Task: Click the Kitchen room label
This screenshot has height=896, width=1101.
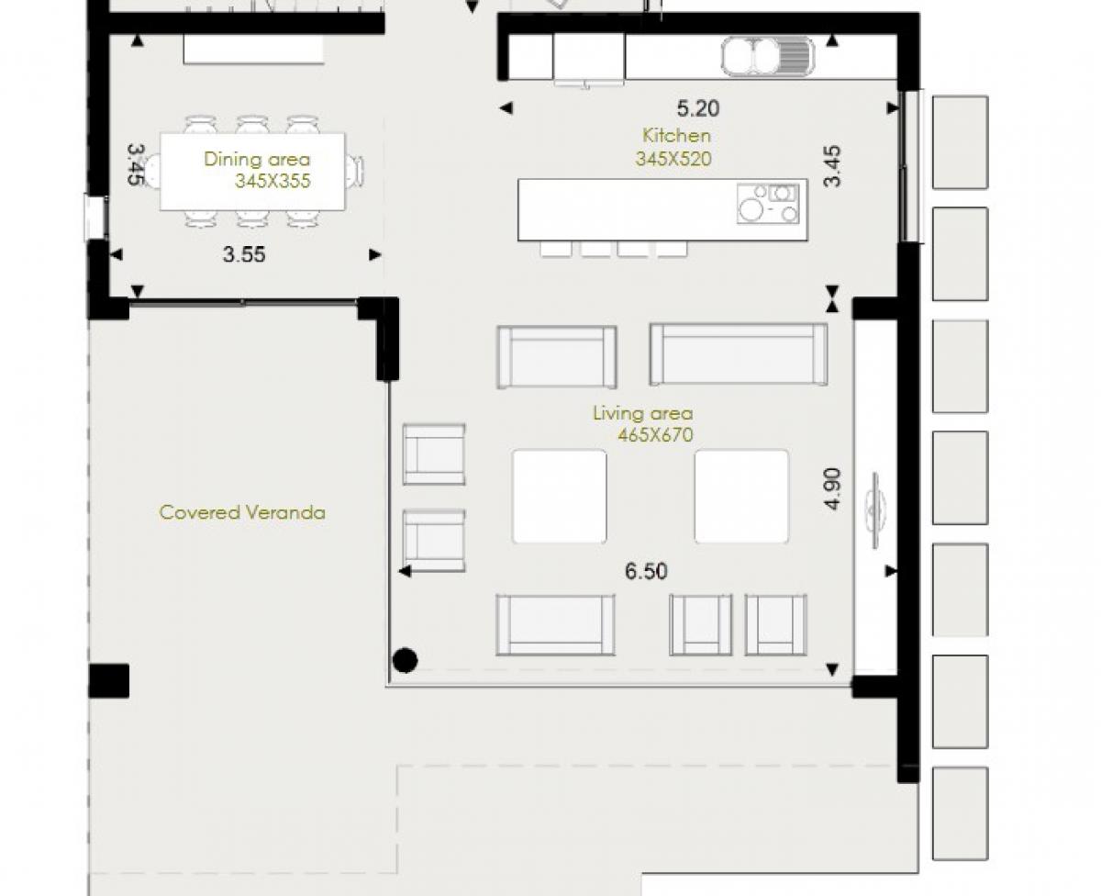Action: (676, 136)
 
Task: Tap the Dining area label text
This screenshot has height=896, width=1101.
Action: (257, 159)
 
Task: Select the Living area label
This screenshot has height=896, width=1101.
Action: (642, 413)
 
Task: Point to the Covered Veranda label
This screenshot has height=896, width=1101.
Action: (242, 512)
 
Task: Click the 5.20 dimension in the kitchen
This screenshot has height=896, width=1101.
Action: (698, 108)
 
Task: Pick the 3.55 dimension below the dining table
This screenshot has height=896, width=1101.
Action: (244, 254)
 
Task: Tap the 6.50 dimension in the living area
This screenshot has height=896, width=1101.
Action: (646, 571)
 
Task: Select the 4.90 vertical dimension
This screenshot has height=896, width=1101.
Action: (833, 488)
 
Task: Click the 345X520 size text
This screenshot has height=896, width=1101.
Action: (673, 159)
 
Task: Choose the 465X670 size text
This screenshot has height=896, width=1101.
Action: (655, 435)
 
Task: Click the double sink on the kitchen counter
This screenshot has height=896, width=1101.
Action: (767, 56)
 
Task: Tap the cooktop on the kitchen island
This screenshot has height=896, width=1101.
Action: (768, 204)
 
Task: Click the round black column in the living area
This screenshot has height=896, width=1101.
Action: (405, 661)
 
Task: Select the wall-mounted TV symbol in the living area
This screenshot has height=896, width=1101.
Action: (875, 510)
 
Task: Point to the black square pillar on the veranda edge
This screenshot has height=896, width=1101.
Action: (108, 681)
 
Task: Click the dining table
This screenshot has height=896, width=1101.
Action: (252, 173)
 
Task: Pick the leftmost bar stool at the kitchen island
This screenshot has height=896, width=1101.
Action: (556, 249)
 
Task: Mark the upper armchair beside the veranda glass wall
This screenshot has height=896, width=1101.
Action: (434, 454)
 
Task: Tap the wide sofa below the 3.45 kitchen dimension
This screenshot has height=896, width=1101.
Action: (739, 354)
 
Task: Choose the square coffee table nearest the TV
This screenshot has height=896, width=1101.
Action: (741, 497)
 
